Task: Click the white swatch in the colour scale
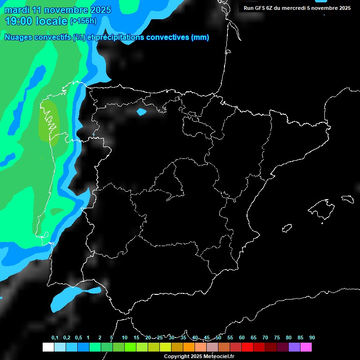48,347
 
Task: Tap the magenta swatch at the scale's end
306,347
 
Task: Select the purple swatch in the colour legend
294,347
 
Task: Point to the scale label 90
312,337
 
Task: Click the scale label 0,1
55,337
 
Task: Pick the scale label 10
125,337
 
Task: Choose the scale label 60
242,337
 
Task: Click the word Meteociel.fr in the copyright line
216,357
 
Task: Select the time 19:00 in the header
18,21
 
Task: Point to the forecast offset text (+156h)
83,21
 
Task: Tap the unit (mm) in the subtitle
200,37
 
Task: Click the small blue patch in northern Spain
141,112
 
